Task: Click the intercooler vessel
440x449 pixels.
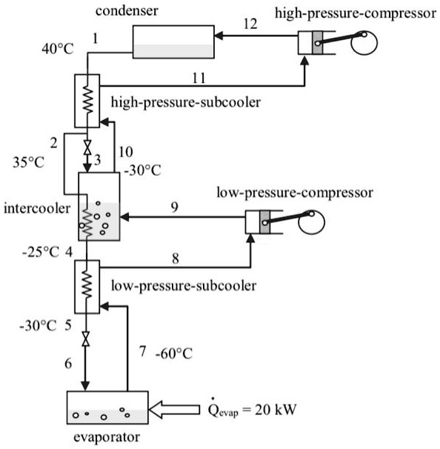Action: click(x=98, y=207)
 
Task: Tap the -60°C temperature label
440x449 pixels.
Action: click(x=173, y=353)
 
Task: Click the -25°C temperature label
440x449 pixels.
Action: click(x=41, y=252)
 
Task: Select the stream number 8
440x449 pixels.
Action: click(x=176, y=259)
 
